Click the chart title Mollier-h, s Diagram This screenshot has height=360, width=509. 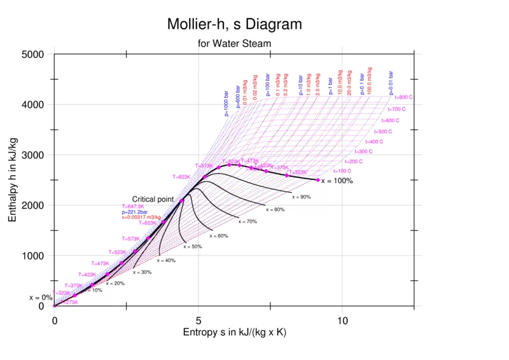(x=234, y=25)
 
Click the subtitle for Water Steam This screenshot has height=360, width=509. (x=234, y=43)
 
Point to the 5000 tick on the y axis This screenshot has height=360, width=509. (x=31, y=54)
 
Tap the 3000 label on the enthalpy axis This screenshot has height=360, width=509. (x=31, y=155)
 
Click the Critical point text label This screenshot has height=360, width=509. (x=153, y=199)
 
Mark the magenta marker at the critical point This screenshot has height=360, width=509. (x=182, y=200)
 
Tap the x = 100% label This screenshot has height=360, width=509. (x=337, y=181)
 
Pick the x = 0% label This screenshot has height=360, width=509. (x=41, y=297)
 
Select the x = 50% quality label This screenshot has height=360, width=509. (x=193, y=246)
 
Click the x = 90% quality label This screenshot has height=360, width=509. (x=302, y=197)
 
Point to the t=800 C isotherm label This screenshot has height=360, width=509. (x=404, y=97)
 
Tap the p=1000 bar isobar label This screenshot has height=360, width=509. (x=226, y=102)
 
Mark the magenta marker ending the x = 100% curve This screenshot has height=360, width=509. (x=318, y=180)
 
